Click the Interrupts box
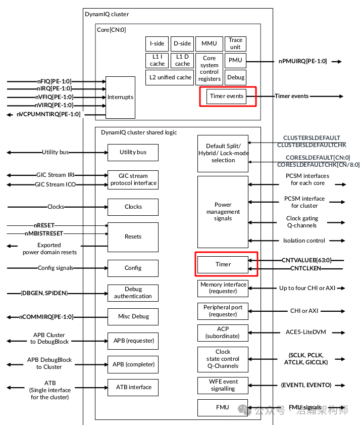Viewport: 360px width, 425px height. [120, 97]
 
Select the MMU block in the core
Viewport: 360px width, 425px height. [209, 44]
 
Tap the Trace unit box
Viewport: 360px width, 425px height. [235, 44]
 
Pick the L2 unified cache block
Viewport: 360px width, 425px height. [170, 77]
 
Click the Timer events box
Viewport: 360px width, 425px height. [227, 96]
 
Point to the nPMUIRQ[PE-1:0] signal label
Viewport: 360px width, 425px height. [302, 61]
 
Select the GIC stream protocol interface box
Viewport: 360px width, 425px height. [133, 180]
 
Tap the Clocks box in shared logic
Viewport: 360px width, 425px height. [133, 207]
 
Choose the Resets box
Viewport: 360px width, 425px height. [133, 237]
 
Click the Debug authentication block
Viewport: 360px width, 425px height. [133, 293]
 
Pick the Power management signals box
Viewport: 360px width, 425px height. [223, 212]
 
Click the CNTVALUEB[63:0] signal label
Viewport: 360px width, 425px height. [306, 260]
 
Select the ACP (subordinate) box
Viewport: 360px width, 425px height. [223, 332]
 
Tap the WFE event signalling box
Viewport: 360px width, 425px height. [223, 385]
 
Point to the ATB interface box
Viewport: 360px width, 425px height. [133, 388]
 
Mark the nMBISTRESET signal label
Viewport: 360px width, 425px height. [44, 233]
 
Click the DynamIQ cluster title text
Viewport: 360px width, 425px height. [107, 14]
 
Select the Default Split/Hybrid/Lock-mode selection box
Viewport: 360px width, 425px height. [223, 153]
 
